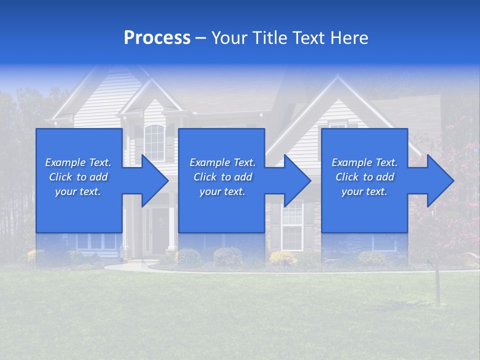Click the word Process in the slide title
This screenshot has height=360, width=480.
tap(157, 38)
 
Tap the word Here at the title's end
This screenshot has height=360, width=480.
tap(349, 38)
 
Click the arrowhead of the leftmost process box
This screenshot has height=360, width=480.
tap(155, 180)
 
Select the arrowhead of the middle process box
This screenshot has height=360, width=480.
tap(297, 180)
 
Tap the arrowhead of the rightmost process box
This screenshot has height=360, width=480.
tap(440, 180)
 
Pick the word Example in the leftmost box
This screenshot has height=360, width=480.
tap(64, 162)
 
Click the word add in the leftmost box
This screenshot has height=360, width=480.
tap(98, 177)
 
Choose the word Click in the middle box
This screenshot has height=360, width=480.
tap(205, 177)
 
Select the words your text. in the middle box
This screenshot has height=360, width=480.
tap(222, 191)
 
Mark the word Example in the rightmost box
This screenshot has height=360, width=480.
tap(351, 162)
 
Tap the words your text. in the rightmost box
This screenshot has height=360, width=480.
tap(364, 191)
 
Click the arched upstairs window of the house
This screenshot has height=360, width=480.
tap(154, 142)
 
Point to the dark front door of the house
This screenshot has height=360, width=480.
tap(160, 230)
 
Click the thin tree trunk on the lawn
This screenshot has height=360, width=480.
tap(438, 285)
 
